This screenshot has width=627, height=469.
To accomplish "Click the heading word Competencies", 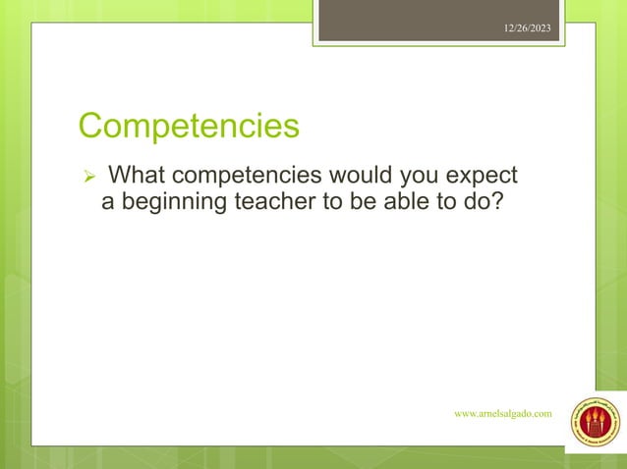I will pos(189,128).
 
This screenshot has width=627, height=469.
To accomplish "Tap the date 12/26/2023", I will pos(530,28).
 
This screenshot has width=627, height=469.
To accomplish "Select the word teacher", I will pos(270,203).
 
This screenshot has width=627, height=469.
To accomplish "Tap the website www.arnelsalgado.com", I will pos(502,414).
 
